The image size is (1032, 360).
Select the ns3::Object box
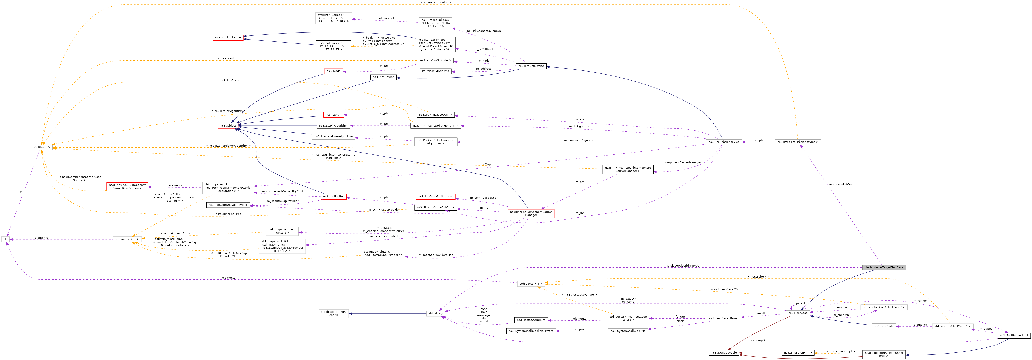coord(227,126)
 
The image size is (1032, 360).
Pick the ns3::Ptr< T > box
coord(41,147)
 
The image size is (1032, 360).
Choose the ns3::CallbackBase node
coord(227,38)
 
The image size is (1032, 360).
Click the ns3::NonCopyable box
coord(724,353)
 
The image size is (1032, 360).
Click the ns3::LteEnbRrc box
coord(333,197)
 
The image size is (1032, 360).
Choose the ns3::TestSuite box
coord(884,326)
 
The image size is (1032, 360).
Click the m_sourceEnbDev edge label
coord(841,185)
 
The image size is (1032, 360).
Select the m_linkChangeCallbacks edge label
coord(484,31)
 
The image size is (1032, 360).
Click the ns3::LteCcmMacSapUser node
coord(435,197)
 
